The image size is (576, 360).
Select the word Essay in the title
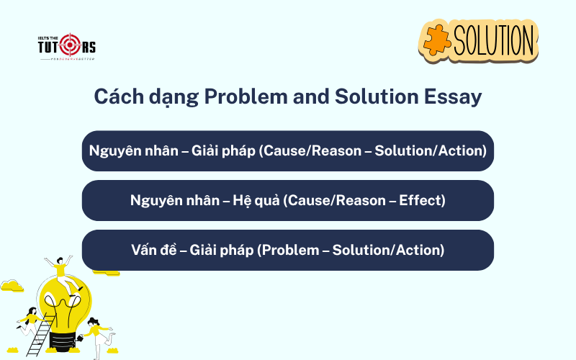tap(451, 97)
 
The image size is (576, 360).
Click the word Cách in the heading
tap(117, 97)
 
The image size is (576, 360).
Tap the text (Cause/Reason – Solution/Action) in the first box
tap(372, 150)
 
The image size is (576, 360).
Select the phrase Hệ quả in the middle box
tap(251, 200)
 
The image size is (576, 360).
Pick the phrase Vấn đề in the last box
tap(154, 250)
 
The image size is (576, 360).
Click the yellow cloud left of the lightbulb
tap(12, 286)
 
